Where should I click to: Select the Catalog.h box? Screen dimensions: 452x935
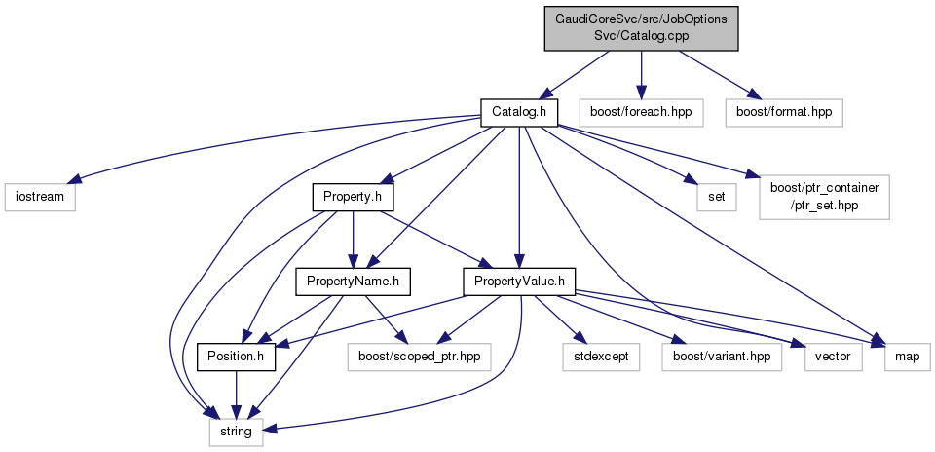pos(518,112)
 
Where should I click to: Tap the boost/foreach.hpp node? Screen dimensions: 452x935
pos(640,112)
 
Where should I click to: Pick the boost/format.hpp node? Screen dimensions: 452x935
pos(783,112)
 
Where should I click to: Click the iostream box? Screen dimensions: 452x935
pos(38,198)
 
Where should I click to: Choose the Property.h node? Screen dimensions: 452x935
pos(352,198)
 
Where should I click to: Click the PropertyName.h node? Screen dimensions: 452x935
pos(352,283)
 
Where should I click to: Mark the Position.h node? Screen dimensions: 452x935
pos(236,358)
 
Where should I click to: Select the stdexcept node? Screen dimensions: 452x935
pos(599,358)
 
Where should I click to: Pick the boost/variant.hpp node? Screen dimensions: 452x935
pos(721,358)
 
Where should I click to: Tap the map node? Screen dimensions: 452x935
pos(907,358)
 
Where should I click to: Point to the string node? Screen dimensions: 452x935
pos(236,431)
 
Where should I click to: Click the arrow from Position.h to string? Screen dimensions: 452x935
pos(236,395)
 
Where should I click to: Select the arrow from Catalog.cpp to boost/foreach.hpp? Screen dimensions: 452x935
pos(640,73)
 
